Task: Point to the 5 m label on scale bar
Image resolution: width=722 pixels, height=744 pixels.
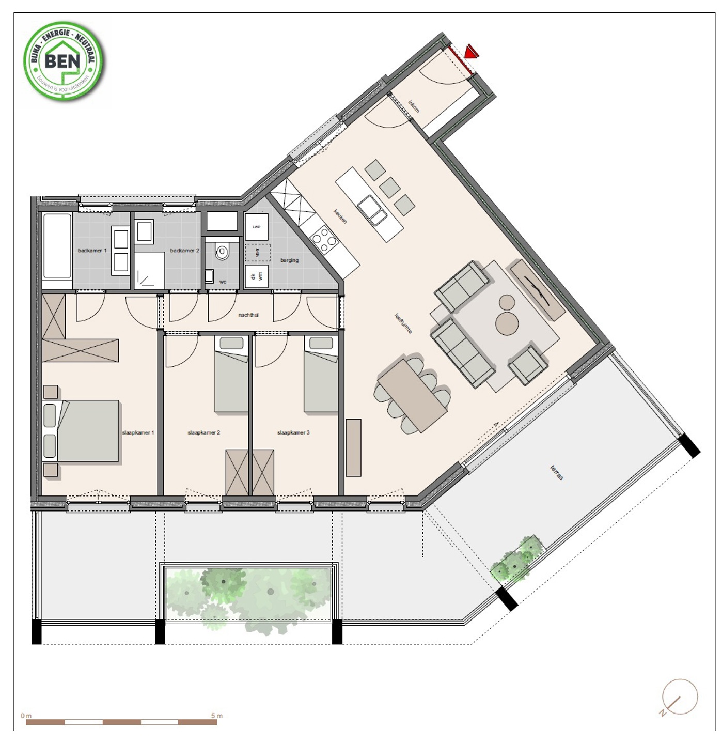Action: pos(216,716)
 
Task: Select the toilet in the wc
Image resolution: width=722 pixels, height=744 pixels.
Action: pos(222,253)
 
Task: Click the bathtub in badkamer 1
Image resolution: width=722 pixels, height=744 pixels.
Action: pos(57,251)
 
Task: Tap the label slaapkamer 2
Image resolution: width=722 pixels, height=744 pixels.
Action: pos(203,432)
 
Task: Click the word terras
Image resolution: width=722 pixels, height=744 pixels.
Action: pos(557,473)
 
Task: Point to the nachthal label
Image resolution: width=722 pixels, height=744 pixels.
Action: pos(248,315)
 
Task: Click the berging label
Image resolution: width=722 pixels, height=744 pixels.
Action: pos(289,260)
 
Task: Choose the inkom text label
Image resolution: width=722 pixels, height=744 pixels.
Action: pos(414,107)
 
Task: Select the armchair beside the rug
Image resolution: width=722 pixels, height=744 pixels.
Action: pos(528,365)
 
